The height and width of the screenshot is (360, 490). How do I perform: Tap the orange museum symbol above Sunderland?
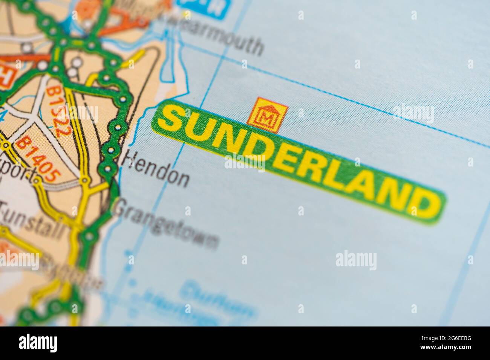click(x=267, y=116)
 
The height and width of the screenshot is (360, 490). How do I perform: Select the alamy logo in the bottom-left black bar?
click(x=38, y=343)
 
